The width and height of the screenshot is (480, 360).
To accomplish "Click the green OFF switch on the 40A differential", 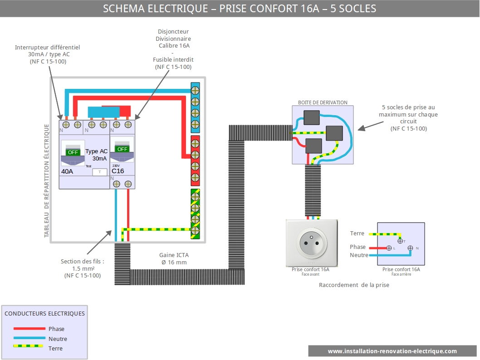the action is coord(73,152).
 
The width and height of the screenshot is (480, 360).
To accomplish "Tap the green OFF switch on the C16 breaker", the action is coord(122,149).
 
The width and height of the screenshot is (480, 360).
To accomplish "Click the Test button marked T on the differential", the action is coord(99,172).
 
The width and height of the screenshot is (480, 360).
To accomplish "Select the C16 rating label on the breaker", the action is coord(118,171).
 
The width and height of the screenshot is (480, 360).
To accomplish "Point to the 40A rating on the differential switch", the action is coord(67,171).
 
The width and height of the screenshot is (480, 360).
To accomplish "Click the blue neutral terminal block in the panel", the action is coord(195,107).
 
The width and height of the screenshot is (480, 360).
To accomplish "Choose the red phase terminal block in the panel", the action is coord(195,161).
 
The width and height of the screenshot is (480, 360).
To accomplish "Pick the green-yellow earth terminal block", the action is coord(195,214).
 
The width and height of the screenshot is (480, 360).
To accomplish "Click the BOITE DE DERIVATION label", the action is coord(323,102).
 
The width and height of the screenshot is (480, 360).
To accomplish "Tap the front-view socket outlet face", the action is coord(312,243).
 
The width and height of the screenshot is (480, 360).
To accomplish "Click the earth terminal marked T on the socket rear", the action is coord(400,241).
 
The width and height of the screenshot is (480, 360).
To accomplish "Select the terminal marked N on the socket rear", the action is coord(410,248).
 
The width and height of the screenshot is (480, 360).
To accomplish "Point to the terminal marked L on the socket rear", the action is coord(389,248).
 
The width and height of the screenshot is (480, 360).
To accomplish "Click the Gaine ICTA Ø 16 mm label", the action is coord(174,258).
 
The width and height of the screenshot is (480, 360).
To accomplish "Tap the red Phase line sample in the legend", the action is coord(29,329).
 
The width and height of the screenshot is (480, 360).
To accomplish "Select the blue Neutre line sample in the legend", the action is coord(29,338).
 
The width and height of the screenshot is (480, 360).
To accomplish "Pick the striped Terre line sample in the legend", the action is coord(28,346).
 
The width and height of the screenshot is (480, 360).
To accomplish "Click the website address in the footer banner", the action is coord(392,351).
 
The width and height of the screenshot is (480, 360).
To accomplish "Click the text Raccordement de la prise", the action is coord(354,285).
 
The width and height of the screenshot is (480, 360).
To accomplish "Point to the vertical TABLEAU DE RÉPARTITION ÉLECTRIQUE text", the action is coord(47,180).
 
